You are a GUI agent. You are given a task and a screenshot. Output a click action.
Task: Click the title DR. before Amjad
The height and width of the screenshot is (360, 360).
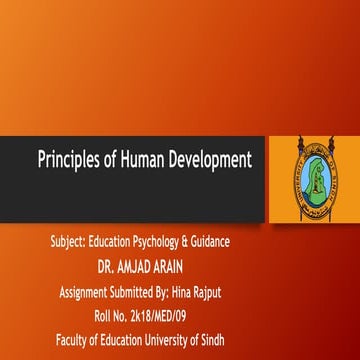[109, 267]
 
